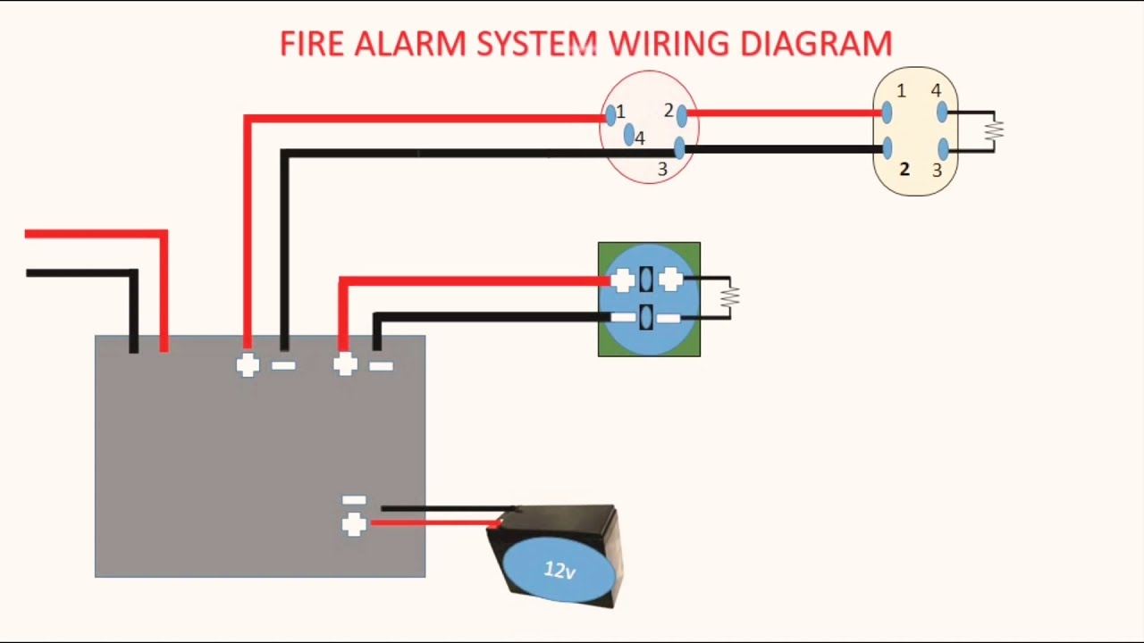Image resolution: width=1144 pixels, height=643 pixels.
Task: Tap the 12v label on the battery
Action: click(x=559, y=570)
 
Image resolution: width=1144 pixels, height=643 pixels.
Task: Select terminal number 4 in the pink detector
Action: click(x=640, y=138)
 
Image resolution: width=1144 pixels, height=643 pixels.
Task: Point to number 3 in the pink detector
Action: click(x=662, y=169)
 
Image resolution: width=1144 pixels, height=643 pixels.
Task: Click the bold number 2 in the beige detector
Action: click(x=904, y=169)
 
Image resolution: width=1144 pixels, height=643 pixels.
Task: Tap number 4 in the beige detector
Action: click(x=936, y=91)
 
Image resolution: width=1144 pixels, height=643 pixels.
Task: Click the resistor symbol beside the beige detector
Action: click(x=994, y=130)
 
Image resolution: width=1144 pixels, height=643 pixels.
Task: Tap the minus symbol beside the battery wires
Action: click(x=354, y=500)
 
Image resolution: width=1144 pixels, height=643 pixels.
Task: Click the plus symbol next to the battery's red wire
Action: click(x=354, y=524)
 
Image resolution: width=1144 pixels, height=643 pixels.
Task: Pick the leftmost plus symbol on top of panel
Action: click(x=248, y=364)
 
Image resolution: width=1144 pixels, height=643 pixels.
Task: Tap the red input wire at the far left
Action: click(x=89, y=234)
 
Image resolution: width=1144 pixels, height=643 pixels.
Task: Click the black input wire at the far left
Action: click(x=80, y=272)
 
